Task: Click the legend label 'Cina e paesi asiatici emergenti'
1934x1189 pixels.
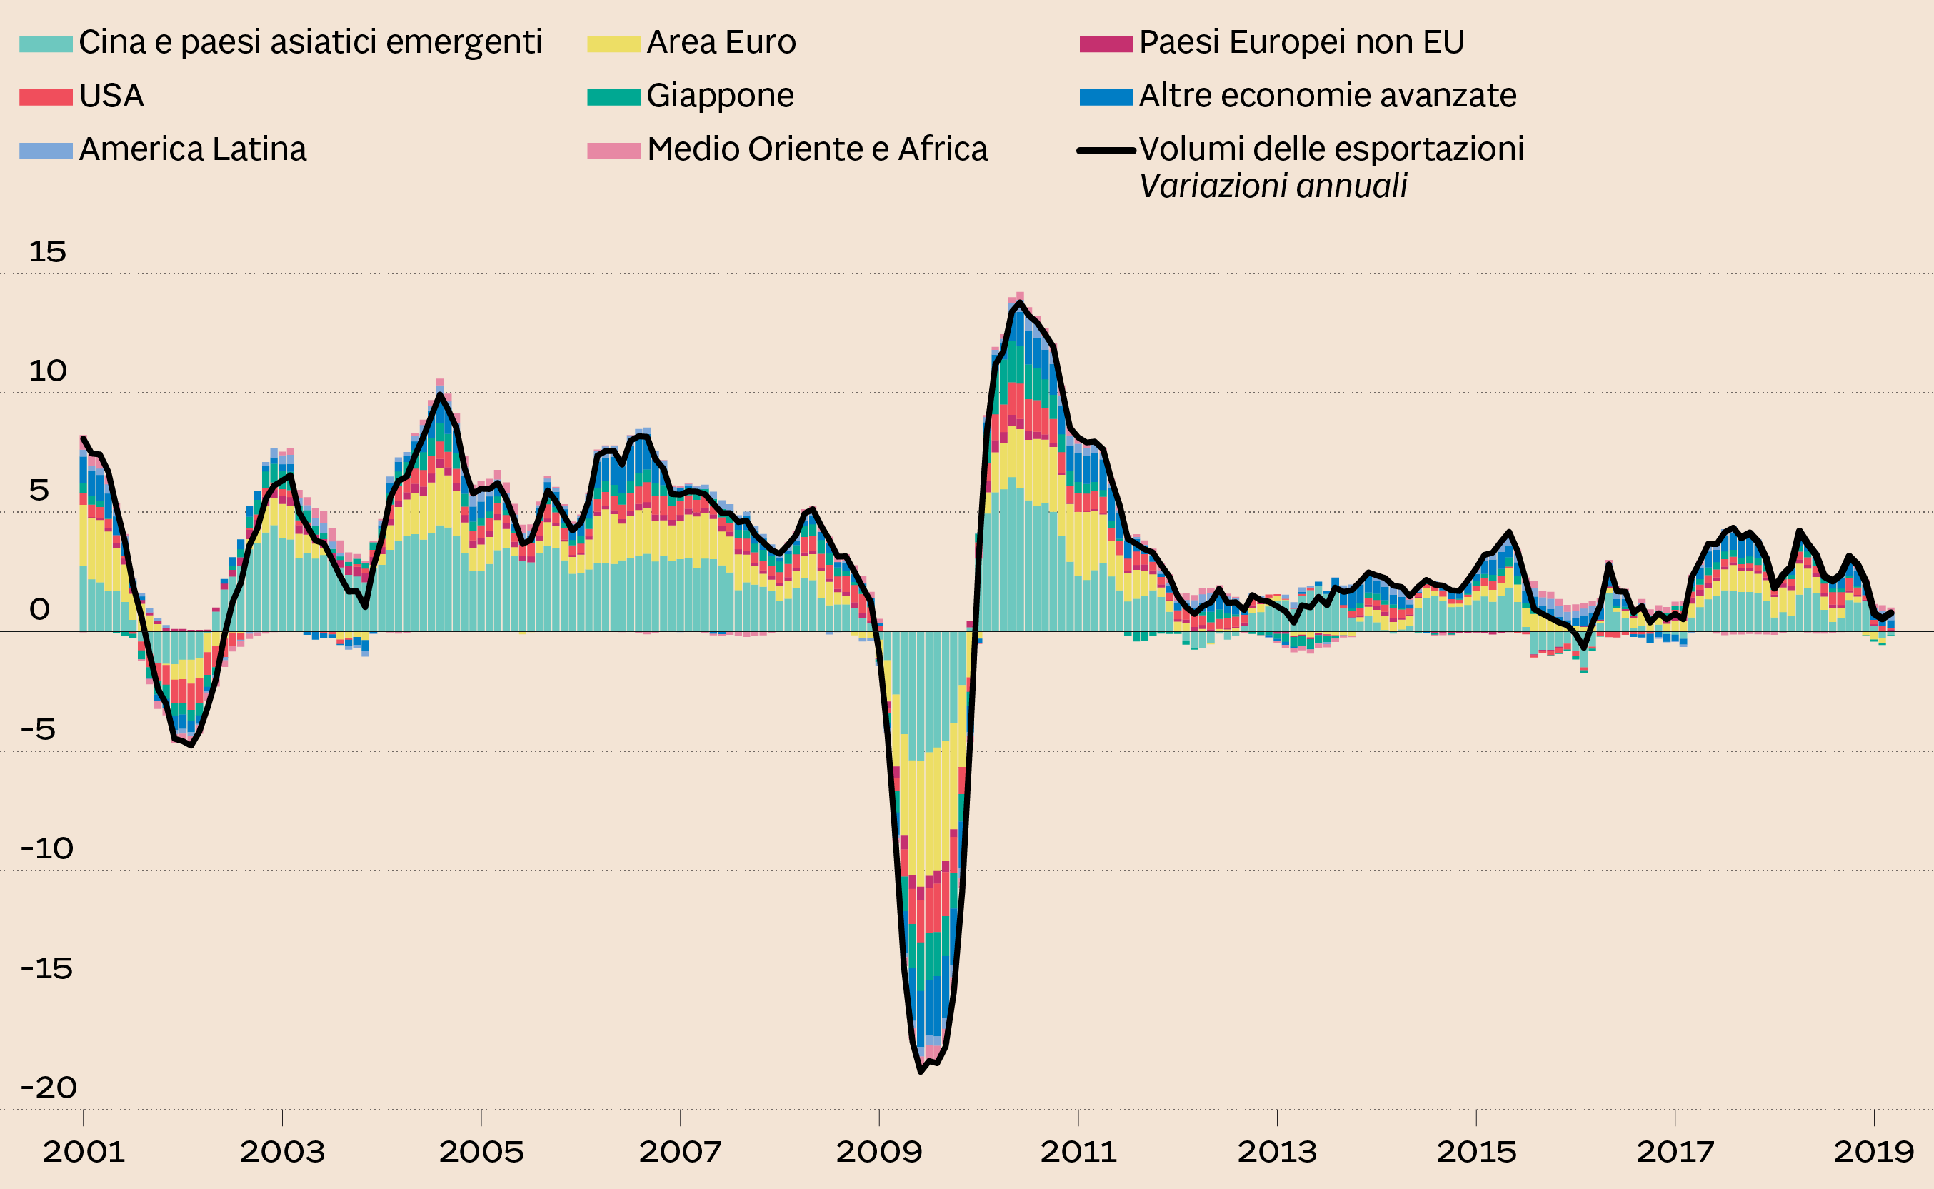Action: click(x=310, y=42)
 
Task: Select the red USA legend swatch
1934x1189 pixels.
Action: click(x=46, y=96)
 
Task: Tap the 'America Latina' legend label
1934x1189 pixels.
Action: click(x=193, y=149)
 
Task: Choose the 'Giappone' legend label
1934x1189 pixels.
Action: click(x=720, y=96)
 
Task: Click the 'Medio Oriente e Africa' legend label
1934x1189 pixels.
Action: click(x=817, y=149)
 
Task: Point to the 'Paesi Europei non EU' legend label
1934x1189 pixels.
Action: click(x=1301, y=42)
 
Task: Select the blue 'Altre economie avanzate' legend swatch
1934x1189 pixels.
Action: click(x=1106, y=96)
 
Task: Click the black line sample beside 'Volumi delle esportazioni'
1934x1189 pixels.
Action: click(x=1106, y=150)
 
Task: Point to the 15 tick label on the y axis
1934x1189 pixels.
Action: click(x=47, y=252)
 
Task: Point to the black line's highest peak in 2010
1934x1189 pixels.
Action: click(x=1020, y=302)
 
